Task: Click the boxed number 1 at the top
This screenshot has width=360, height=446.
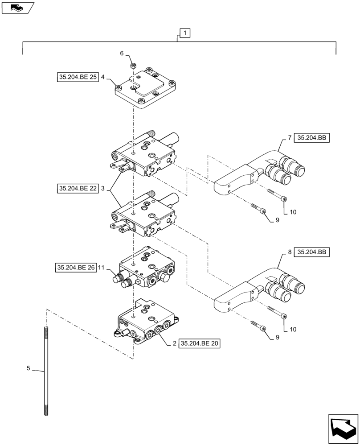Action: (185, 33)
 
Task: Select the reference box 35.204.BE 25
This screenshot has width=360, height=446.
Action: (78, 77)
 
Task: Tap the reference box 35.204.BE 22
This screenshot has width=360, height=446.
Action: (78, 189)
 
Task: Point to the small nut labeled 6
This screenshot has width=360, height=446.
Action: (132, 66)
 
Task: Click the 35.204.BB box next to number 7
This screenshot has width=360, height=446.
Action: (312, 138)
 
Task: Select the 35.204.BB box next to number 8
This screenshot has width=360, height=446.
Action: (312, 252)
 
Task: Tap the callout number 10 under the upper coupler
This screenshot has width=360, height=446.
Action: (293, 212)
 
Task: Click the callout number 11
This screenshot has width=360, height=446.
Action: (102, 268)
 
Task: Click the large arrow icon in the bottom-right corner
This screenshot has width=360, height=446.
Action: (344, 429)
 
